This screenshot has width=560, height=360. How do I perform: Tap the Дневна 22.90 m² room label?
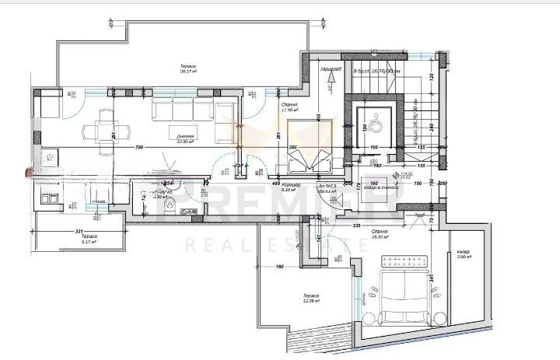point(186,138)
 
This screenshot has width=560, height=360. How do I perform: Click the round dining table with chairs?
point(106,124)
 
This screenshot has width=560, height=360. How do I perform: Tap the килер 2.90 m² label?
point(464,253)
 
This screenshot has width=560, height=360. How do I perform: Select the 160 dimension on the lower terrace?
point(279,267)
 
